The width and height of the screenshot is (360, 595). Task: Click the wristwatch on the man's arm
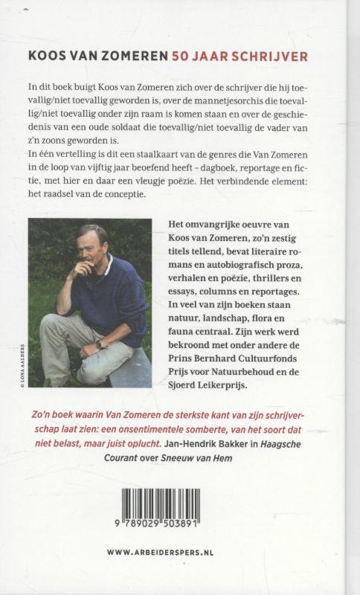coord(100,345)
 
